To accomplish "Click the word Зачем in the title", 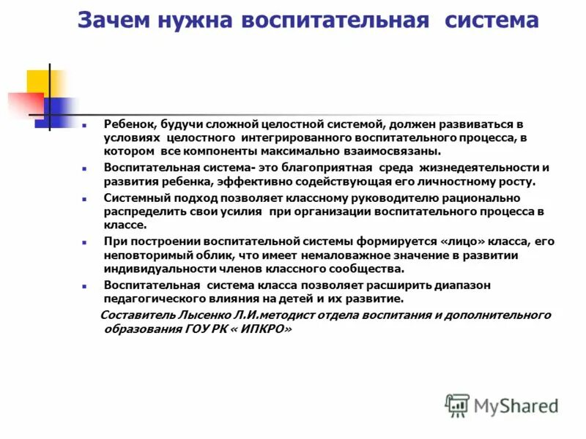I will coord(111,20).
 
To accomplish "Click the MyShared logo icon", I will coord(456,405).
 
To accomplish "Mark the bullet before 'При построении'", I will coord(85,242).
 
